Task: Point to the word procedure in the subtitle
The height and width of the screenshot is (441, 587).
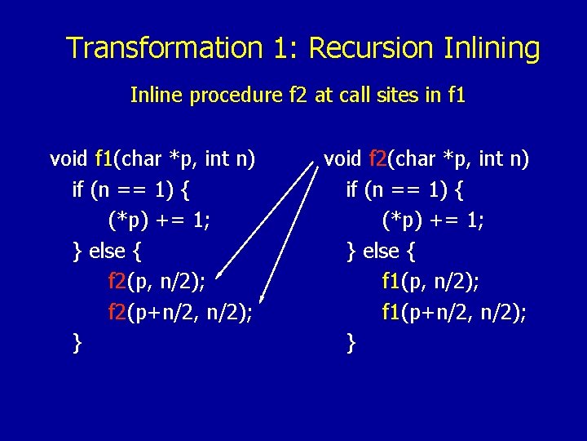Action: click(236, 96)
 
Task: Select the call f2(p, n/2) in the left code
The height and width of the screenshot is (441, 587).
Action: click(157, 282)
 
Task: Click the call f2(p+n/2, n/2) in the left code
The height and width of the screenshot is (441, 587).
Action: click(179, 312)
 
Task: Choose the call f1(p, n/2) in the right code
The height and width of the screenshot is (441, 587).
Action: click(430, 282)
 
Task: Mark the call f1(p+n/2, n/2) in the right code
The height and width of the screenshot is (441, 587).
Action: click(453, 312)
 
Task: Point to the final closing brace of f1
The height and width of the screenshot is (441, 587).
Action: click(77, 343)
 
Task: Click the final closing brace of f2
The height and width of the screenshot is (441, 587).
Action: click(351, 343)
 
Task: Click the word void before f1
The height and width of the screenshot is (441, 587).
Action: click(69, 158)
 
